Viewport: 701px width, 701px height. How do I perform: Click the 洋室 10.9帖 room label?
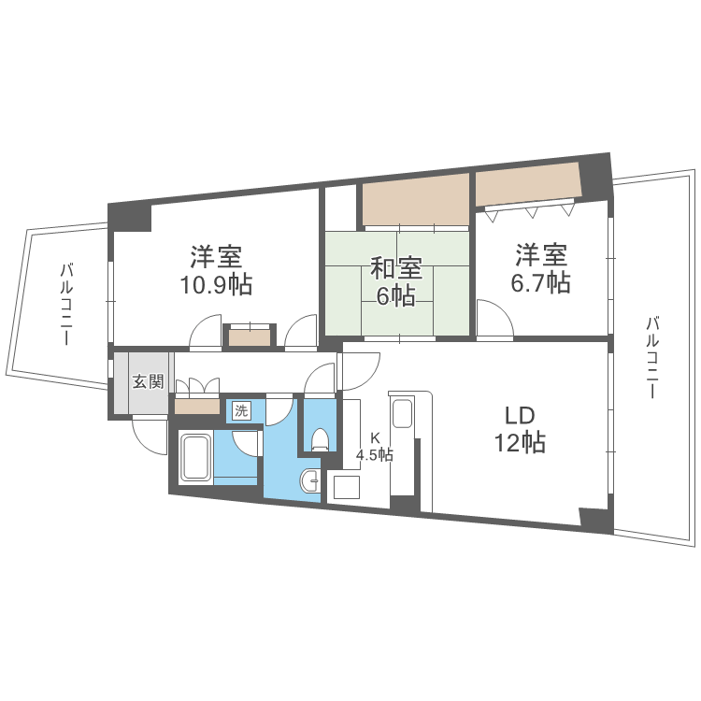click(216, 270)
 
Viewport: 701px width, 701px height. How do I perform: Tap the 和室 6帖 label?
click(396, 281)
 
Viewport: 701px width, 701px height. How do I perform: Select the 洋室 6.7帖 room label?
click(541, 268)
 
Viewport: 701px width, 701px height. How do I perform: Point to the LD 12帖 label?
click(520, 430)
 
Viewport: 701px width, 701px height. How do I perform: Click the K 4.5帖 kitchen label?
click(375, 447)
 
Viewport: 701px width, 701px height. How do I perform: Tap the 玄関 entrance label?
click(148, 381)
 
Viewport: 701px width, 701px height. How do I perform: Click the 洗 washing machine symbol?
click(242, 410)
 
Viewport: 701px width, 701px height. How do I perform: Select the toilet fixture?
click(320, 438)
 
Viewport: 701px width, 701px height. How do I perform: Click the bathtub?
click(195, 457)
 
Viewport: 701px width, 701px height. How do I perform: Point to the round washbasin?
click(309, 480)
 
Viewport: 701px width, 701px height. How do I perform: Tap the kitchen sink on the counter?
click(403, 412)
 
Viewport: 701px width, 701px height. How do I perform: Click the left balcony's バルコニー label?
click(66, 305)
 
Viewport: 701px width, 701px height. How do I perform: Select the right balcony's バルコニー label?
click(652, 357)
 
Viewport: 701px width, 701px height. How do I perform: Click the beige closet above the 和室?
click(415, 199)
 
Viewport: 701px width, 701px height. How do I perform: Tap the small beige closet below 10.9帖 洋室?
click(250, 337)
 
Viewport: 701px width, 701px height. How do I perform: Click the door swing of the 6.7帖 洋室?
click(495, 318)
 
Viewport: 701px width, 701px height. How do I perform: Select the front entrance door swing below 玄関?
click(150, 435)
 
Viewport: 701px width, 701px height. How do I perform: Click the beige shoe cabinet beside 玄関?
click(197, 407)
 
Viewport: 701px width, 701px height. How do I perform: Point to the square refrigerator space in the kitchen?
click(347, 487)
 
